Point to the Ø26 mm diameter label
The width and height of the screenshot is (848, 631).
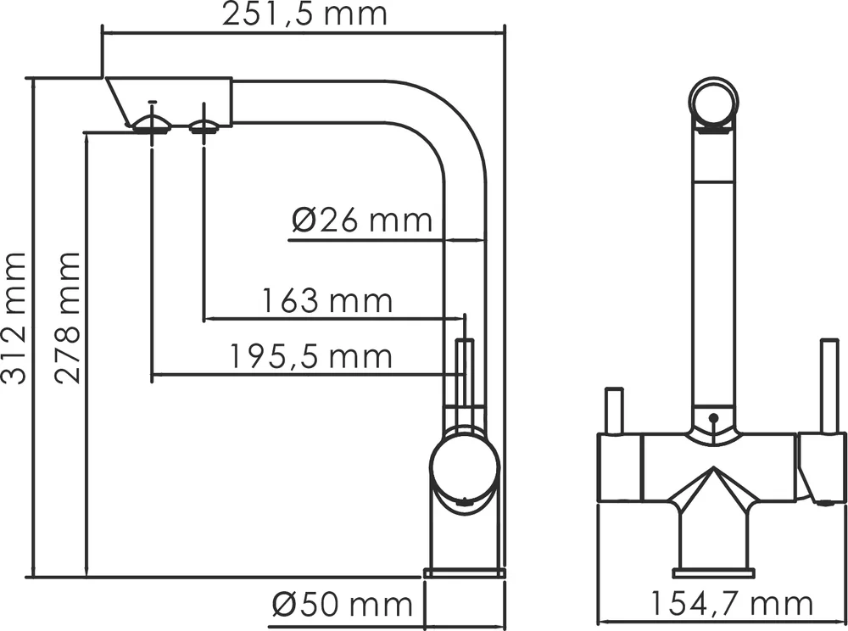pos(362,221)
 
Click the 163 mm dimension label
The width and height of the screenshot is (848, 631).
pos(326,301)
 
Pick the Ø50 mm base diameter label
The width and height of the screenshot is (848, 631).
pos(342,606)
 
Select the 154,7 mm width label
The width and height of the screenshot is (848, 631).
pos(731,605)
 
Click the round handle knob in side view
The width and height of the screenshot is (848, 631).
pos(463,469)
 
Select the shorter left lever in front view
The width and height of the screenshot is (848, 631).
pos(613,411)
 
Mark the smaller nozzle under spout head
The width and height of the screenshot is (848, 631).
pos(204,127)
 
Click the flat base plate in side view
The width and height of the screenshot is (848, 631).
pos(464,572)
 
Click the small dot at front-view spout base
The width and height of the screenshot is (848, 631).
pos(713,418)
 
